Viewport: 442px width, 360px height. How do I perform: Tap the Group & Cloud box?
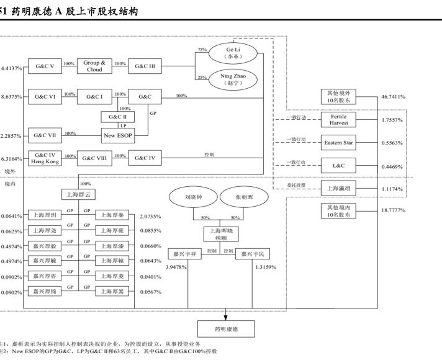(x=94, y=66)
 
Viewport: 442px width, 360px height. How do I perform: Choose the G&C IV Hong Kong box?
(x=45, y=158)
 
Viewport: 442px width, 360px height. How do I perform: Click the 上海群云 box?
(x=78, y=194)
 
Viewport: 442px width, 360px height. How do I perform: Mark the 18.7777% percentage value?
(x=393, y=210)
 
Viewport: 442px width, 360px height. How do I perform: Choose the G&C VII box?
(x=45, y=134)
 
